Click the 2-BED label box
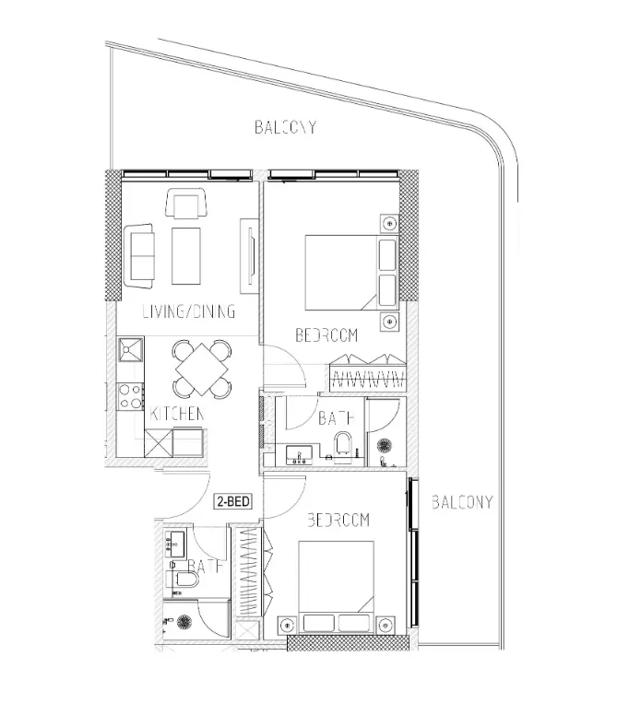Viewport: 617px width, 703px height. click(233, 502)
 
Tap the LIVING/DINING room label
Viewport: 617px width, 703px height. click(188, 311)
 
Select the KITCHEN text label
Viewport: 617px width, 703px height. click(176, 415)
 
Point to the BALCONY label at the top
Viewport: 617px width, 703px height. click(286, 127)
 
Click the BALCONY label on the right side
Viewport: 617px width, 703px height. click(462, 502)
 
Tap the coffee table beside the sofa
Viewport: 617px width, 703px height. click(186, 255)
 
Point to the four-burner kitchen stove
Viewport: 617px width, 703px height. click(129, 396)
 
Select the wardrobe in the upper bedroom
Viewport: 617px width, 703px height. click(367, 373)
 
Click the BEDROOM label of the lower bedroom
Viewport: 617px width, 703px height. click(338, 521)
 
